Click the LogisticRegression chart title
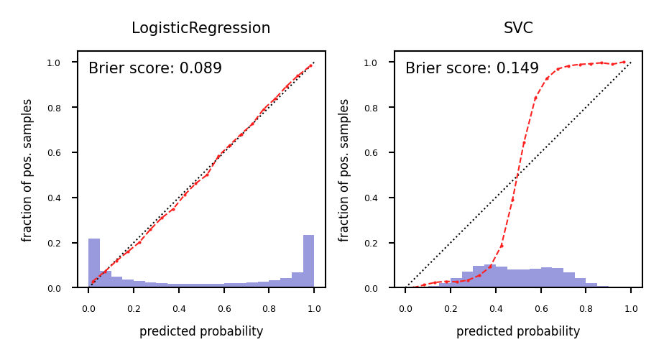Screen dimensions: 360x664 pyautogui.click(x=200, y=29)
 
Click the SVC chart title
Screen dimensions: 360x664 pyautogui.click(x=518, y=29)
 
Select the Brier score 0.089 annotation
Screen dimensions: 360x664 pyautogui.click(x=155, y=69)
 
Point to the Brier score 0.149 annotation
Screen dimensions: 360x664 pyautogui.click(x=472, y=69)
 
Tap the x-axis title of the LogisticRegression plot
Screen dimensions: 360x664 pyautogui.click(x=201, y=332)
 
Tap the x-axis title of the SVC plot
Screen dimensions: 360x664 pyautogui.click(x=518, y=332)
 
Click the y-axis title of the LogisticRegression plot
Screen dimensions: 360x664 pyautogui.click(x=28, y=170)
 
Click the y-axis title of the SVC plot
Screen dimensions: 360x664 pyautogui.click(x=345, y=170)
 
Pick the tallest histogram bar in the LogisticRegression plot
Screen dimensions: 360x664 pyautogui.click(x=308, y=262)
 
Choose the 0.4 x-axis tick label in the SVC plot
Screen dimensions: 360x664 pyautogui.click(x=496, y=308)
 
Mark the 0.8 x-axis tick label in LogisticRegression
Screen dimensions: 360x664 pyautogui.click(x=269, y=308)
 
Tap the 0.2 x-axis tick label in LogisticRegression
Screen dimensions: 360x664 pyautogui.click(x=134, y=308)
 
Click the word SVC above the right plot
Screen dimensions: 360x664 pyautogui.click(x=518, y=29)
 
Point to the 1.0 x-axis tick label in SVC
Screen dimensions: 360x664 pyautogui.click(x=631, y=308)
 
